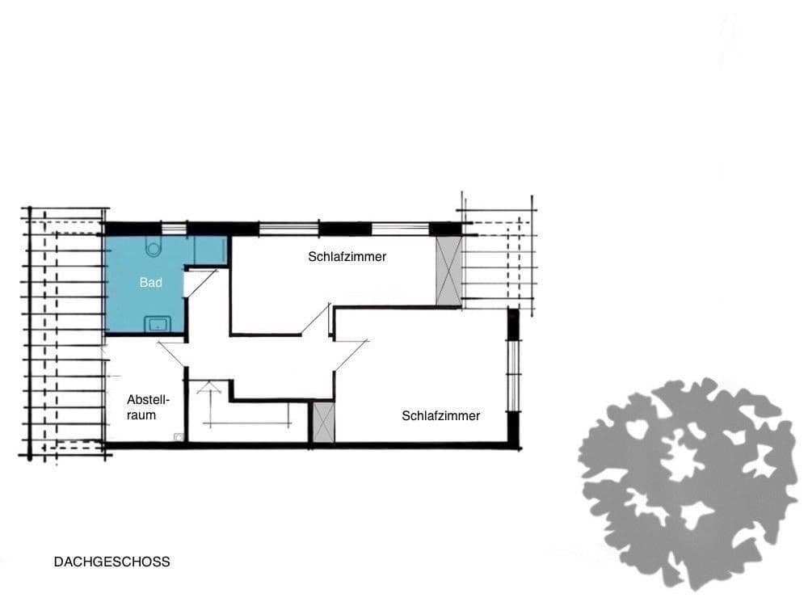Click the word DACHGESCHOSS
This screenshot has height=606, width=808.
(112, 562)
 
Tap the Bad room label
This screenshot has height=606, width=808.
(150, 283)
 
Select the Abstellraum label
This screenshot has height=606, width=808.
(141, 407)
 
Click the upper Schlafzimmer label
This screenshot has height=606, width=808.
(347, 257)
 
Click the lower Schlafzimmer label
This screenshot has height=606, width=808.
(440, 416)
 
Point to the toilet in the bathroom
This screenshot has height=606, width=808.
(154, 247)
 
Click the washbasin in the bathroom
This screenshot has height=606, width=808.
(156, 325)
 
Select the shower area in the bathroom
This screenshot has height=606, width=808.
(209, 250)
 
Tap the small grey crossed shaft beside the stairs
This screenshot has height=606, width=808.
(323, 423)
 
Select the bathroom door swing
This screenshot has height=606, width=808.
(199, 283)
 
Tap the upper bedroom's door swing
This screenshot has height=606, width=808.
(317, 320)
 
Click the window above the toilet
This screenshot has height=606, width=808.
(174, 229)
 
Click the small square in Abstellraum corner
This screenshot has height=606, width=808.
(179, 437)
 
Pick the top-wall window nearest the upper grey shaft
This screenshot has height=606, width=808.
(399, 229)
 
